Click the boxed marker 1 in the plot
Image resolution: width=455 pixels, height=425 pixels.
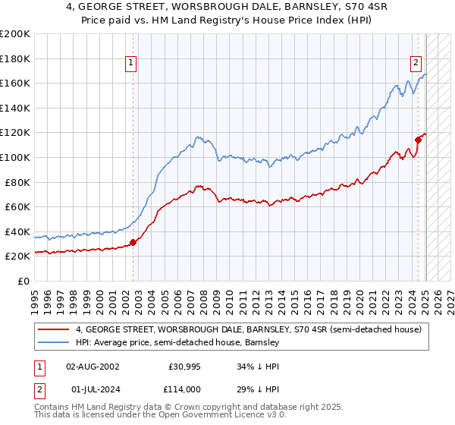pyautogui.click(x=131, y=64)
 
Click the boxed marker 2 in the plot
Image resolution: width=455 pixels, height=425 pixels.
pyautogui.click(x=416, y=64)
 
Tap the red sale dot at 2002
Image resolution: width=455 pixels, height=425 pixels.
pyautogui.click(x=133, y=243)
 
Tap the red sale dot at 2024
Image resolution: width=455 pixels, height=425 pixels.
pyautogui.click(x=418, y=139)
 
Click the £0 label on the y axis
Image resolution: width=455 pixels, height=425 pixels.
pyautogui.click(x=22, y=281)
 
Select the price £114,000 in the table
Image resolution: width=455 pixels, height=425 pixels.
pyautogui.click(x=184, y=389)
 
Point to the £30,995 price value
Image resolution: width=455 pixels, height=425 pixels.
pyautogui.click(x=184, y=367)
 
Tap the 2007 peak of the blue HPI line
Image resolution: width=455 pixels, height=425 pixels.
pyautogui.click(x=196, y=137)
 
